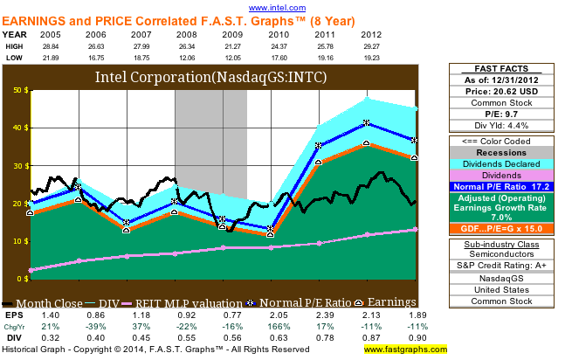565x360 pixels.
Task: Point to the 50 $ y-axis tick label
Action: point(18,89)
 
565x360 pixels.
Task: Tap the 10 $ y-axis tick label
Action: point(18,240)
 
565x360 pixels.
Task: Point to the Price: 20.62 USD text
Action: point(506,90)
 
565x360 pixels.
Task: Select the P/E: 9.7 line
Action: point(506,114)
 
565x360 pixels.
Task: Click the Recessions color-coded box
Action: point(506,152)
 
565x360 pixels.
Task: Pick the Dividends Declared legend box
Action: point(506,163)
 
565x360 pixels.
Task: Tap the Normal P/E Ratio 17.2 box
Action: point(506,186)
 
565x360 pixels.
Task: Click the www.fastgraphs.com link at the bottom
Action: point(404,349)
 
